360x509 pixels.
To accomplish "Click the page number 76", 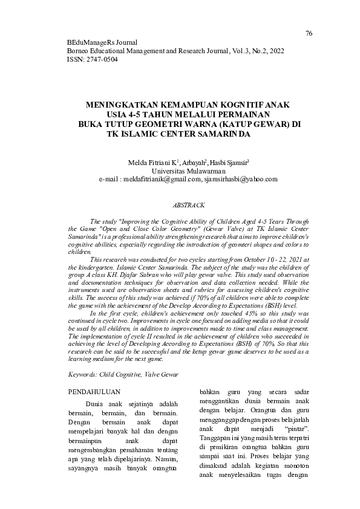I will [309, 33].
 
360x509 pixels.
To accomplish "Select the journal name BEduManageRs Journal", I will [101, 43].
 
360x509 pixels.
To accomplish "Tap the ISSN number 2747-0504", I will [102, 60].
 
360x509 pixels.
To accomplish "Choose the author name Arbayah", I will [191, 163].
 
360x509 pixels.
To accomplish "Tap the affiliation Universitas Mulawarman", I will [188, 171].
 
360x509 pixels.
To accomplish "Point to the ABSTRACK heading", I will [188, 206].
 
